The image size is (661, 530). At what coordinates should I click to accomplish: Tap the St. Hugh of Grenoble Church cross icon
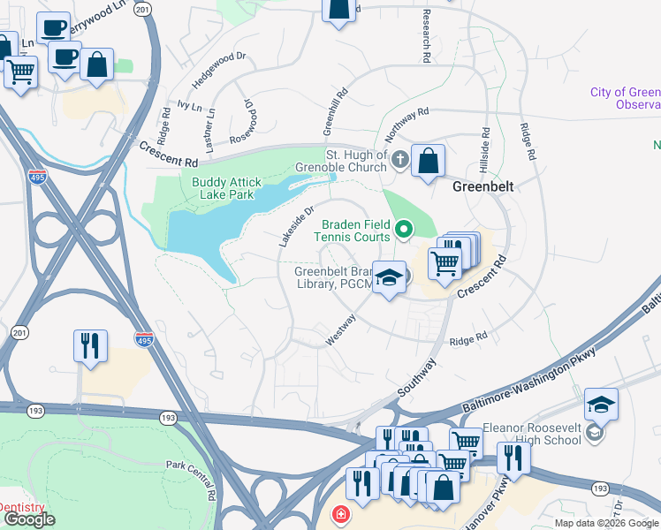click(x=400, y=160)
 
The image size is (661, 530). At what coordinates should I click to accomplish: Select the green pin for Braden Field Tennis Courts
click(x=405, y=230)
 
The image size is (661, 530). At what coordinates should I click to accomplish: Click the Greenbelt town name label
click(x=483, y=187)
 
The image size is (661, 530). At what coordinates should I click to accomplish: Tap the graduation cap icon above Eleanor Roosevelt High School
click(x=601, y=405)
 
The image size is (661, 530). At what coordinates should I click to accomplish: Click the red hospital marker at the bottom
click(x=339, y=514)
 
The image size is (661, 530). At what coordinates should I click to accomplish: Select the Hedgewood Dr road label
click(x=209, y=79)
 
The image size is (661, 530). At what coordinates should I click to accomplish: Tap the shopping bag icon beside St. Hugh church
click(x=428, y=162)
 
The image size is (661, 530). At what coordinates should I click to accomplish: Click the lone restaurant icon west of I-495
click(x=90, y=346)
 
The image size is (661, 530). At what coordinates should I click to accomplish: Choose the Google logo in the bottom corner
click(x=28, y=519)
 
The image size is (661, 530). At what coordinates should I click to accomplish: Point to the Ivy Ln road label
click(x=190, y=104)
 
